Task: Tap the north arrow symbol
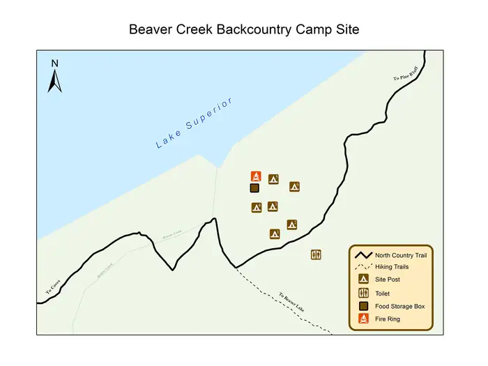click(55, 77)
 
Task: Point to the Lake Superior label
click(194, 123)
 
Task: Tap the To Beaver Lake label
click(292, 302)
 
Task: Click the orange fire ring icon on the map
click(256, 176)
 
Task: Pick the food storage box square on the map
click(254, 188)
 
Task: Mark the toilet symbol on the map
click(316, 254)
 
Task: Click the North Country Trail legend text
click(401, 255)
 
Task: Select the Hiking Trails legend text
click(392, 267)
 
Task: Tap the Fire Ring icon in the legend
click(363, 319)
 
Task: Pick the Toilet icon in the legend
click(363, 293)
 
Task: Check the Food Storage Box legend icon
click(363, 306)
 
